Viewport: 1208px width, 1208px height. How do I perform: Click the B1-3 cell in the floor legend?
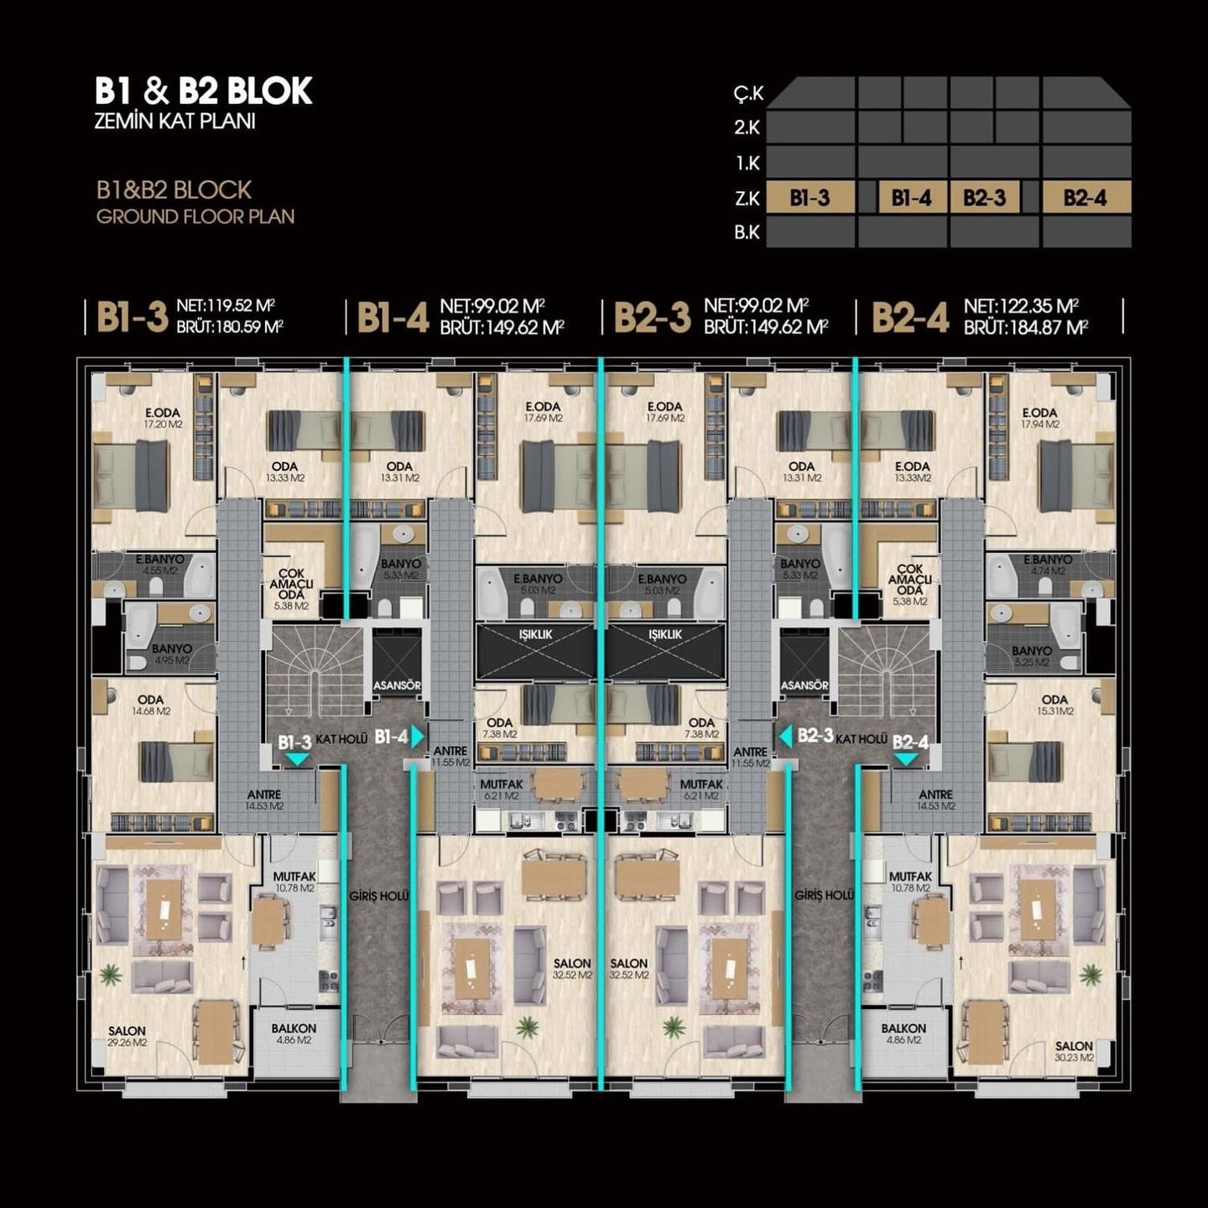pos(810,198)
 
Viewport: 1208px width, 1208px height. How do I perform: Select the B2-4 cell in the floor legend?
pos(1086,198)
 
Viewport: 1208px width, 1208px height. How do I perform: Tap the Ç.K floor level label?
pos(747,93)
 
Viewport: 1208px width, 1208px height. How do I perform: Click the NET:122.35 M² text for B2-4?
pos(1021,306)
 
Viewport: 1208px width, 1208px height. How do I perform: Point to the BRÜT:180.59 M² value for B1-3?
pos(229,327)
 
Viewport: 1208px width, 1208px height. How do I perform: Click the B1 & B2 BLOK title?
pos(204,91)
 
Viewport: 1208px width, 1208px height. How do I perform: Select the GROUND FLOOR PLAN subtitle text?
pos(195,216)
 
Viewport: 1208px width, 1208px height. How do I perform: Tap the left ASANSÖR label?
pos(397,685)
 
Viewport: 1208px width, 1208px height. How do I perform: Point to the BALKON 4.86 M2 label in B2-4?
pos(903,1034)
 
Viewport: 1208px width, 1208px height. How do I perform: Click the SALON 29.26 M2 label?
pos(127,1036)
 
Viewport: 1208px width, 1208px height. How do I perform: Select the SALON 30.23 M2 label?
pos(1074,1051)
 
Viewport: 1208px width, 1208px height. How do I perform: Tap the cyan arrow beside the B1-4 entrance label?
pos(418,737)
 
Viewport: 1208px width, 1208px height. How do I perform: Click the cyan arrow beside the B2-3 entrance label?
pos(786,737)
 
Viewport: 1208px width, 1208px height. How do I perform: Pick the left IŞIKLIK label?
pos(535,635)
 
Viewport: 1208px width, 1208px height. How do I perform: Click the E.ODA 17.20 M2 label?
pos(163,418)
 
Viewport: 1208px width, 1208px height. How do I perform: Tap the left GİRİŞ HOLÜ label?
pos(379,896)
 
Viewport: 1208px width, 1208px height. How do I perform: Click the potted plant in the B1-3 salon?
pos(110,974)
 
